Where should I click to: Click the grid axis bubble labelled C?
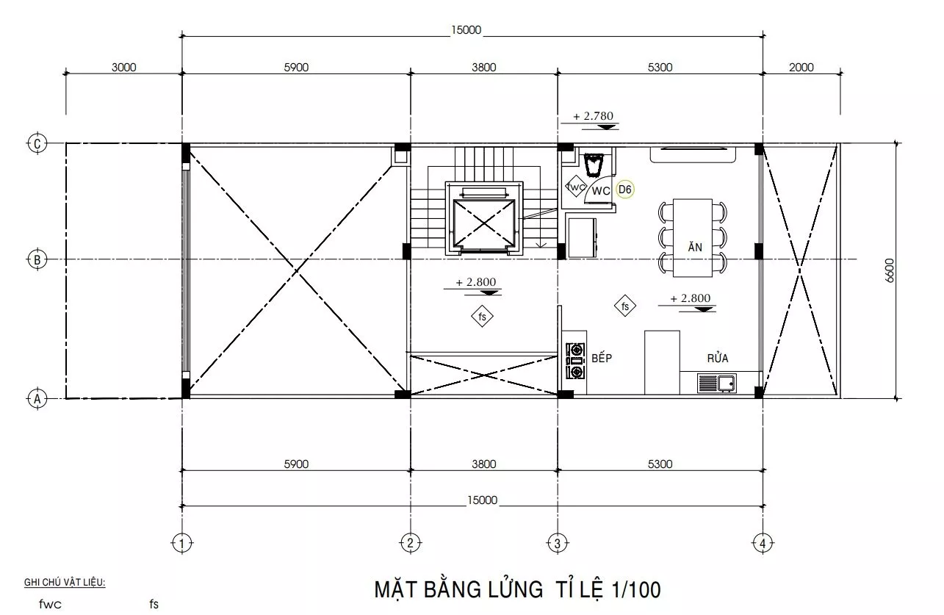tap(37, 144)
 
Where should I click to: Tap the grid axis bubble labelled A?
tap(37, 399)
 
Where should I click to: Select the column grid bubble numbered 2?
tap(410, 543)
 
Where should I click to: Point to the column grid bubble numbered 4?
tap(763, 543)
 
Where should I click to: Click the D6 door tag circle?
tap(624, 190)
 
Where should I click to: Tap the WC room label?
tap(600, 191)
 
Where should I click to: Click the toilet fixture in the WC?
tap(594, 165)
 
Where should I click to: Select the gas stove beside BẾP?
tap(575, 361)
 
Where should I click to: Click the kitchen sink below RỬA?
tap(716, 383)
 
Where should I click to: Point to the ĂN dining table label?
tap(695, 247)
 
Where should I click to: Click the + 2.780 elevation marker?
tap(594, 120)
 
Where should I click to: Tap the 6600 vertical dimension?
tap(889, 270)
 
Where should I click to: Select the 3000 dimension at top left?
tap(123, 68)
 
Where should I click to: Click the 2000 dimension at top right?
tap(801, 68)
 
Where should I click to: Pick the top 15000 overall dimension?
tap(466, 30)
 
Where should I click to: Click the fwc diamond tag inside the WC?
tap(575, 186)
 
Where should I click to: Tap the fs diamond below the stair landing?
tap(482, 316)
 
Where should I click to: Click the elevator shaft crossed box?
tap(484, 223)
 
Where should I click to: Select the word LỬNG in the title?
tap(516, 589)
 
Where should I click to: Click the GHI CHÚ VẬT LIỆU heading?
tap(65, 582)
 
